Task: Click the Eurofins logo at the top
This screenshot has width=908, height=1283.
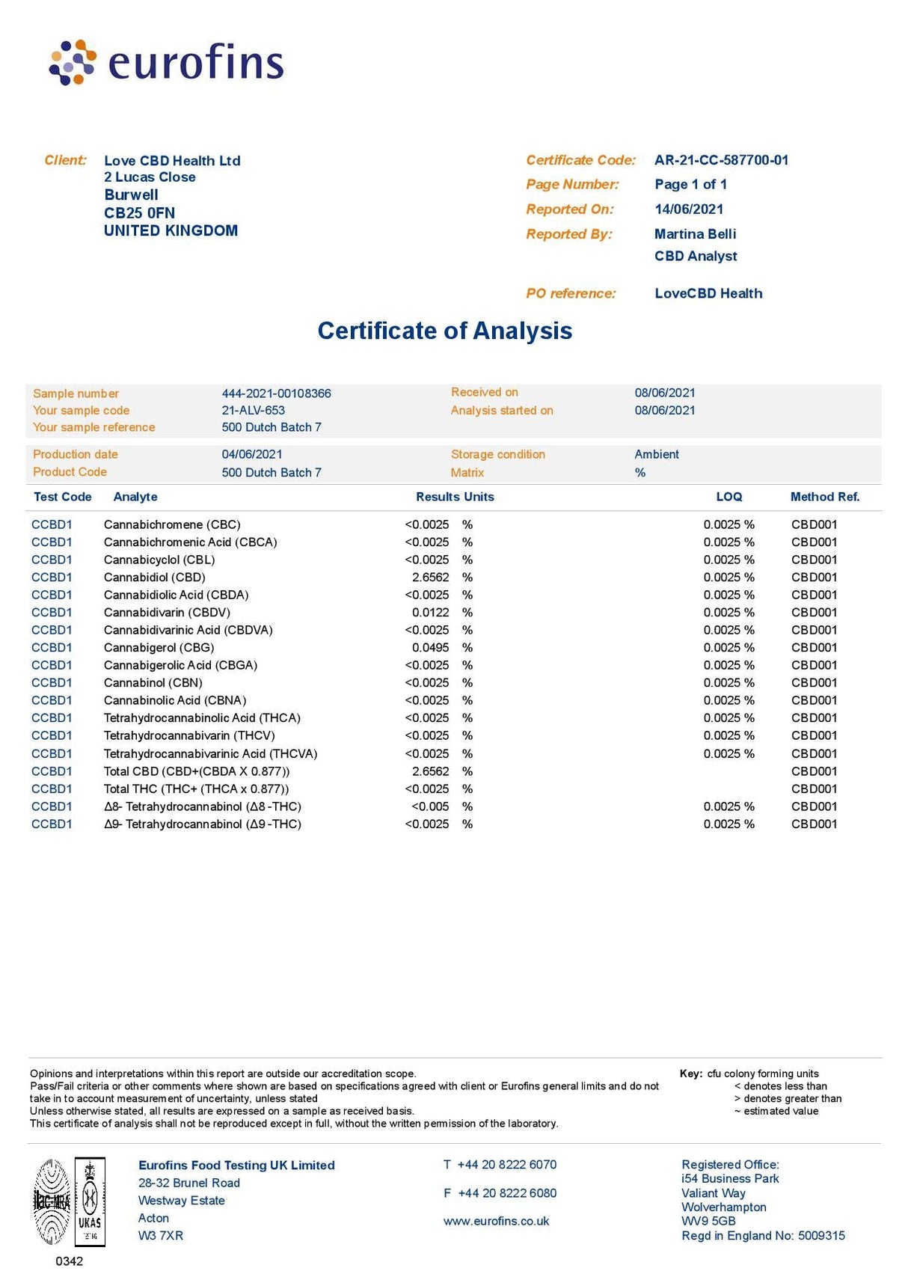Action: [x=166, y=62]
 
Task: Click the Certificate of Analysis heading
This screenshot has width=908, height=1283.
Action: [x=445, y=331]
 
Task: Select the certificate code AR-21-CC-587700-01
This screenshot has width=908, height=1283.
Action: [x=721, y=160]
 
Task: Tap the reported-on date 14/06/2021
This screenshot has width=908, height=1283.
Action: [x=689, y=209]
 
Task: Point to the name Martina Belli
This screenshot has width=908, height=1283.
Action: [x=695, y=234]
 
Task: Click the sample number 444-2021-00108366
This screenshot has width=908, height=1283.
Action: [x=276, y=394]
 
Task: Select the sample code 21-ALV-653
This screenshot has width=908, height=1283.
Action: [x=253, y=410]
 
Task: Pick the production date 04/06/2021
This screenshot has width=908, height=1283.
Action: [x=252, y=454]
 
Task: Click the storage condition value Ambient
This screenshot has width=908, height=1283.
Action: [x=657, y=454]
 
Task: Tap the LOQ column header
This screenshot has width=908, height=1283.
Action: [x=728, y=497]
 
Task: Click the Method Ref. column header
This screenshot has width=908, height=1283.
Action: [x=824, y=497]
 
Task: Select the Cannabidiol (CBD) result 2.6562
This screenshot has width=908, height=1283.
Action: [x=430, y=578]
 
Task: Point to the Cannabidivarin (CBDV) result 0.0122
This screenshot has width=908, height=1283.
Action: [x=430, y=613]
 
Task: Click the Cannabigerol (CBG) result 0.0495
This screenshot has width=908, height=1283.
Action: [x=430, y=648]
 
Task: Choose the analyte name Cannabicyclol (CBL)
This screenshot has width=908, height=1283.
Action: [x=159, y=560]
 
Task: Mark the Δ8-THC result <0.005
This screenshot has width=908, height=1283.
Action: [x=430, y=806]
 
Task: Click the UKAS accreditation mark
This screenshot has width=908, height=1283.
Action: [x=90, y=1201]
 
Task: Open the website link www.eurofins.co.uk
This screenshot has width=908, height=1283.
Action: [x=496, y=1221]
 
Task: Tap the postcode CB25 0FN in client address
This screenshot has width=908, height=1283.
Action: [x=139, y=212]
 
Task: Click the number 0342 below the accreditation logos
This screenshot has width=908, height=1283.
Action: [x=70, y=1261]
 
